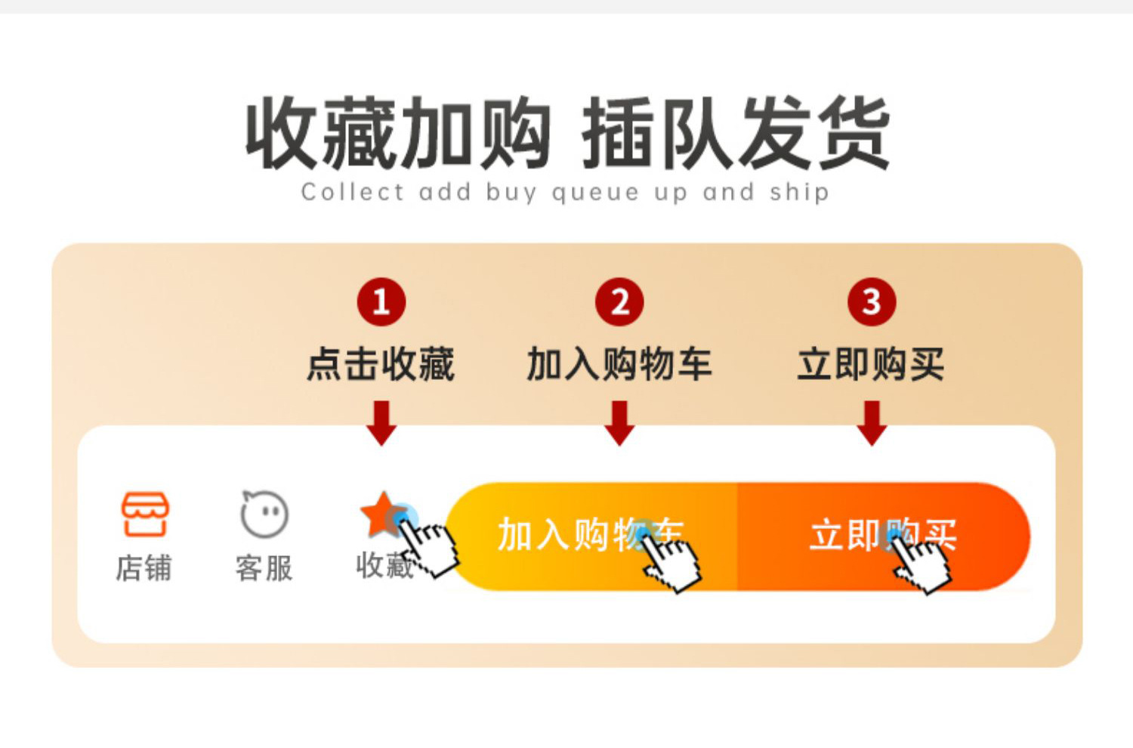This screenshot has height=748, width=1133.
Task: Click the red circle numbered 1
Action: coord(381,302)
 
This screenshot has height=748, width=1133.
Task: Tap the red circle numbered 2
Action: coord(619,302)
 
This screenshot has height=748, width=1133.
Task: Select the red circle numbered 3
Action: coord(872,302)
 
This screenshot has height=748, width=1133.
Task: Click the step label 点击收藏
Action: coord(381,364)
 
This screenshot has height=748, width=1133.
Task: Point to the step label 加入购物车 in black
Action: coord(619,364)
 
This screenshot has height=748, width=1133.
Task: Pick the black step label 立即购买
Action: coord(872,364)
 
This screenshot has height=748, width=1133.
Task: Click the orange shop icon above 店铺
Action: coord(145,515)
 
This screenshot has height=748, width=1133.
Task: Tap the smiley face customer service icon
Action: coord(264,515)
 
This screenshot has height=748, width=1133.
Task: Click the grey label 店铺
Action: coord(144,568)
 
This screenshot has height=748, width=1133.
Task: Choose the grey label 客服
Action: coord(264,568)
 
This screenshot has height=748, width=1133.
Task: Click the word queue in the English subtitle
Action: coord(595,193)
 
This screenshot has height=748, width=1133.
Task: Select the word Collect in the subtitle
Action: coord(353,192)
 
